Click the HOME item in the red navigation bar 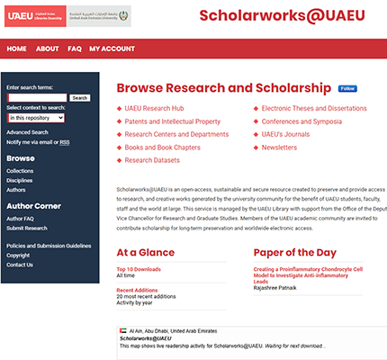coord(15,49)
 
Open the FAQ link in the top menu coord(75,49)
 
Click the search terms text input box coord(37,97)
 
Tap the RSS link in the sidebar coord(65,142)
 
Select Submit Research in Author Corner coord(27,228)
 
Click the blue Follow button coord(347,89)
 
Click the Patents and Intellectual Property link coord(172,121)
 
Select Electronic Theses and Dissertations coord(314,108)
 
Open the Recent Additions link coord(137,290)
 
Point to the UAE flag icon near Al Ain coord(122,330)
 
